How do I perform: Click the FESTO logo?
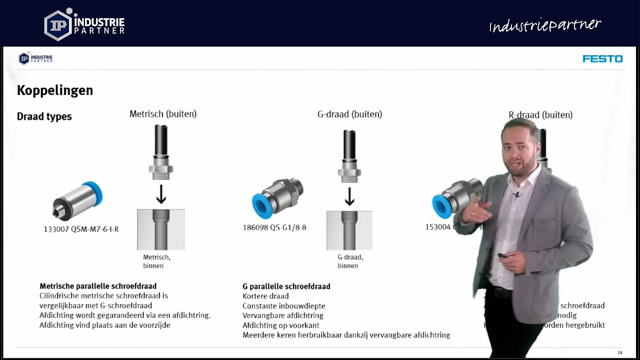pyautogui.click(x=602, y=59)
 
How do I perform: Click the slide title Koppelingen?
pyautogui.click(x=55, y=90)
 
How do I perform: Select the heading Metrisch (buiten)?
pyautogui.click(x=163, y=114)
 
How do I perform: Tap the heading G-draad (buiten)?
pyautogui.click(x=349, y=114)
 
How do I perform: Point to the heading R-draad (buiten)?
pyautogui.click(x=540, y=115)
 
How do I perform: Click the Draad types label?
pyautogui.click(x=44, y=116)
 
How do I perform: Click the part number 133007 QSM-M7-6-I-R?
pyautogui.click(x=81, y=229)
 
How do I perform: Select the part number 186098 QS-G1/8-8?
pyautogui.click(x=274, y=228)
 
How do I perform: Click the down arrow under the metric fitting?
pyautogui.click(x=161, y=194)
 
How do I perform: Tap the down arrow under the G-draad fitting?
pyautogui.click(x=349, y=196)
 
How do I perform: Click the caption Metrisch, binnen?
pyautogui.click(x=156, y=261)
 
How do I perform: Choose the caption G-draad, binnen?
pyautogui.click(x=349, y=261)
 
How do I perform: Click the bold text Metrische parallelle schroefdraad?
pyautogui.click(x=98, y=286)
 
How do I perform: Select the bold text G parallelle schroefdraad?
pyautogui.click(x=286, y=286)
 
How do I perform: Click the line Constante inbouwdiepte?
pyautogui.click(x=283, y=306)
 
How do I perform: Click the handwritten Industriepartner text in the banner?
pyautogui.click(x=544, y=25)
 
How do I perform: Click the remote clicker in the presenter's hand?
pyautogui.click(x=502, y=256)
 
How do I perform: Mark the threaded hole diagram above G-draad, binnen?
pyautogui.click(x=349, y=230)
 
